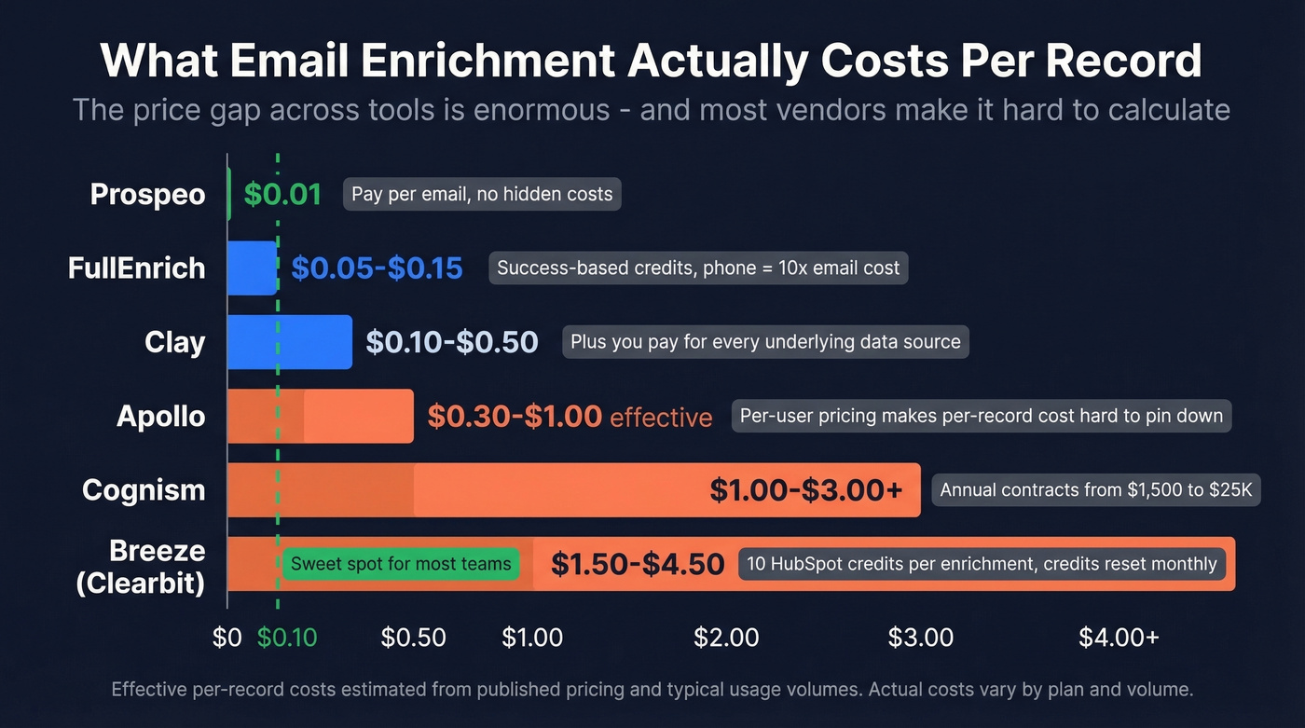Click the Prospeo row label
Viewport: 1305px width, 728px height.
coord(147,195)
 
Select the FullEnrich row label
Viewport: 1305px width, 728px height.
coord(136,268)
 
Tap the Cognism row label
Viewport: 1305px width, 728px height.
coord(144,490)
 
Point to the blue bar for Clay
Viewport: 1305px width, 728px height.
coord(290,342)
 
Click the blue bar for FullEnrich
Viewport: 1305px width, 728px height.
coord(252,268)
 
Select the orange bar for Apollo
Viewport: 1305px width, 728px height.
coord(320,416)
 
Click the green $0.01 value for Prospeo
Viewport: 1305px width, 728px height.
coord(282,195)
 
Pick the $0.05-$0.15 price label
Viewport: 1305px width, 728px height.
coord(377,268)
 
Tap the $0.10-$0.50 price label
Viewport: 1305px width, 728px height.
coord(451,342)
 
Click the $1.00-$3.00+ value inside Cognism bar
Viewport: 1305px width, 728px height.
coord(805,490)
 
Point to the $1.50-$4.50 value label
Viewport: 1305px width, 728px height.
coord(638,564)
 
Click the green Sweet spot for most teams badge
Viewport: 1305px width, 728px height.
coord(401,564)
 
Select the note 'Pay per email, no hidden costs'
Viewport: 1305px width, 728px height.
coord(482,195)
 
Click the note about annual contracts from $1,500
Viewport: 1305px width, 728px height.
coord(1095,490)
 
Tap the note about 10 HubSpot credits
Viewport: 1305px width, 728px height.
coord(982,564)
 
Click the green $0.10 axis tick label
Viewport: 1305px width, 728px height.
coord(287,638)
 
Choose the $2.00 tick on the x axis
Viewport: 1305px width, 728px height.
coord(726,638)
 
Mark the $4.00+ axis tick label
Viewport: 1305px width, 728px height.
coord(1119,638)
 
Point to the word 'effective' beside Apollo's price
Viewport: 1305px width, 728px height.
coord(661,417)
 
